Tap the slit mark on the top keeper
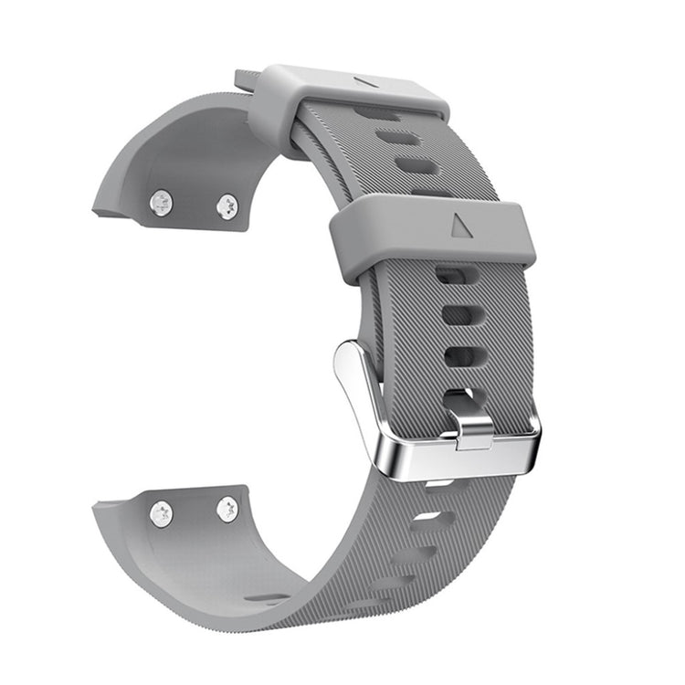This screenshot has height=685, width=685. (x=368, y=81)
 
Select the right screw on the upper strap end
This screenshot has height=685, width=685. (x=227, y=206)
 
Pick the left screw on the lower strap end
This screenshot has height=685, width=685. (x=163, y=513)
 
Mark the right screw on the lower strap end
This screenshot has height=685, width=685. (x=227, y=509)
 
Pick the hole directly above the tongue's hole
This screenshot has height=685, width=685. (x=460, y=355)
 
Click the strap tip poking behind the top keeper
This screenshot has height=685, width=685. (x=245, y=80)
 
